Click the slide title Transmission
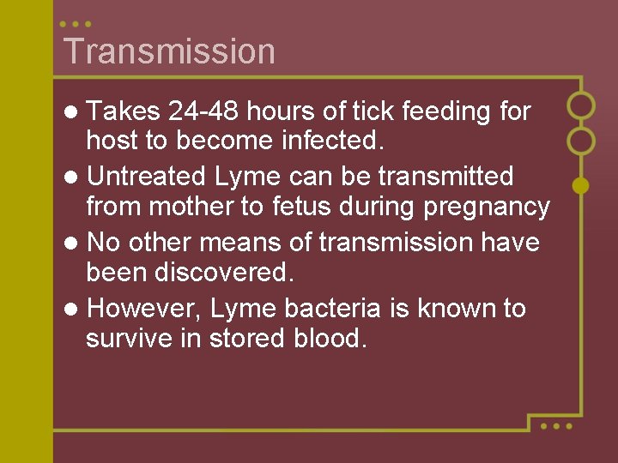(169, 51)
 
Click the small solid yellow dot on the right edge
(580, 184)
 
